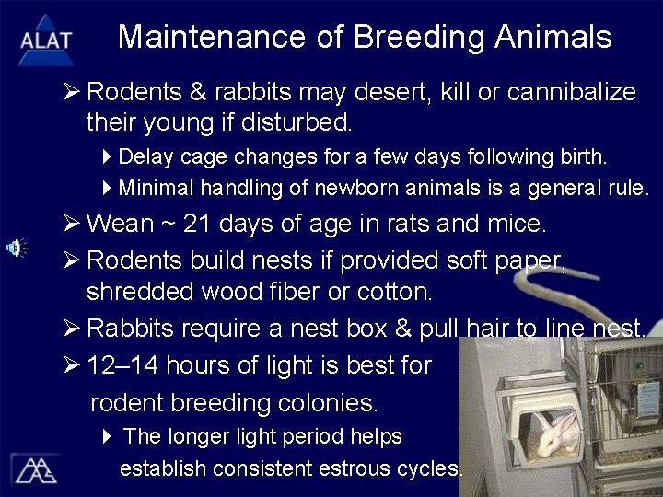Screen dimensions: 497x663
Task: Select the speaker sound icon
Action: coord(16,248)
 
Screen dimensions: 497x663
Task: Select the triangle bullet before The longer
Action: coord(107,435)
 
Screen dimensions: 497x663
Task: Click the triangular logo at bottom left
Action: coord(34,469)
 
